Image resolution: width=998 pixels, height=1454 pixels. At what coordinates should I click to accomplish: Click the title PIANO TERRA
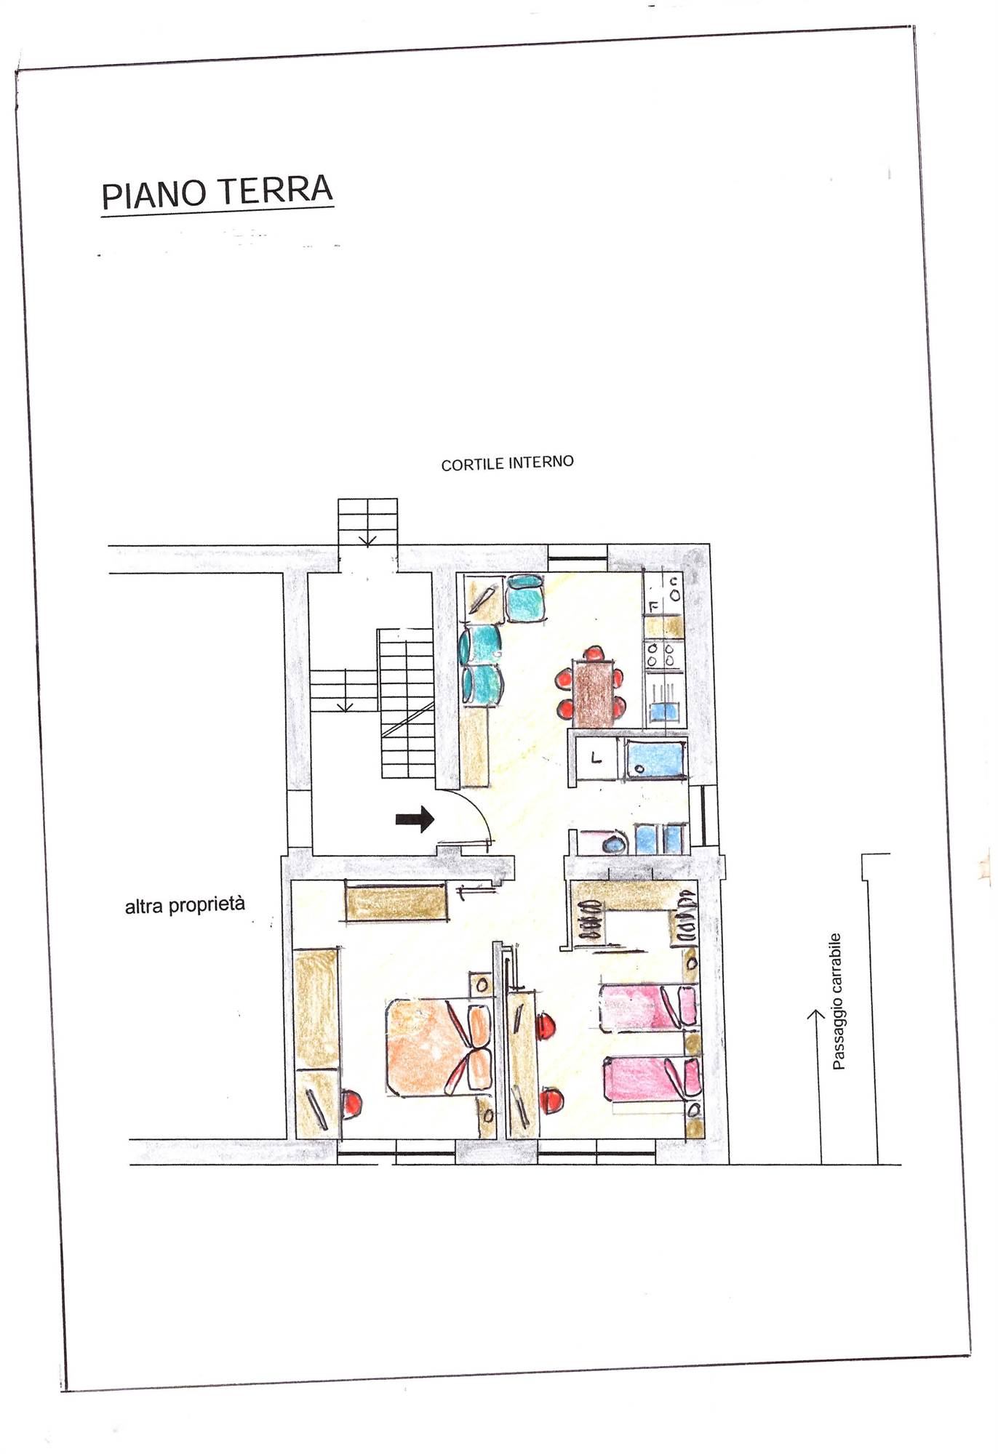tap(217, 193)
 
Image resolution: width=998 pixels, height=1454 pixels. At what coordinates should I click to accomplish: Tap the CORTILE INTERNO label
tap(507, 463)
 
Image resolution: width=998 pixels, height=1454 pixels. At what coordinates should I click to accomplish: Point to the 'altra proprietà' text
tap(185, 905)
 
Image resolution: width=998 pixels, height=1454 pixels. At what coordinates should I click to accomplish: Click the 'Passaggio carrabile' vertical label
tap(837, 1001)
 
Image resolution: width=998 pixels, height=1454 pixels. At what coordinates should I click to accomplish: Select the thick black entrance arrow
tap(415, 819)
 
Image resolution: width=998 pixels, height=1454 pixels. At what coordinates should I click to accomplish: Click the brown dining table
tap(594, 693)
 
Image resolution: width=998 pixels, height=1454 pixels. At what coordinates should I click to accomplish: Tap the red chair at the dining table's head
tap(594, 653)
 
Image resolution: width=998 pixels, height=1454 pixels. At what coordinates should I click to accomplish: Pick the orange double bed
tap(438, 1047)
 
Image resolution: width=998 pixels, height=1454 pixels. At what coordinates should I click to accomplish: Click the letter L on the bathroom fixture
tap(596, 758)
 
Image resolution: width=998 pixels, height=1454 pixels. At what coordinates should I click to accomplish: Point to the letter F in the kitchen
tap(652, 606)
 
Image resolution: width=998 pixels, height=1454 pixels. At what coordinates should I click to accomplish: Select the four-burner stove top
tap(662, 654)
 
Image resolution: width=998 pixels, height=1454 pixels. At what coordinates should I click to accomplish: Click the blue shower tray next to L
tap(655, 759)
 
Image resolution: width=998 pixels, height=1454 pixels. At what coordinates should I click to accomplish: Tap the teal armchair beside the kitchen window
tap(525, 598)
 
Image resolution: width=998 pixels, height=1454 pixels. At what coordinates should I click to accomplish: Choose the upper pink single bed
tap(648, 1008)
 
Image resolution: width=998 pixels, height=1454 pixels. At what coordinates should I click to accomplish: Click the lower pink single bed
tap(652, 1079)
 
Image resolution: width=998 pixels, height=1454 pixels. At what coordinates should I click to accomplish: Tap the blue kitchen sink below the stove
tap(663, 709)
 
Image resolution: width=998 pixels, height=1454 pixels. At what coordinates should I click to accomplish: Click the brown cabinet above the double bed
tap(395, 902)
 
